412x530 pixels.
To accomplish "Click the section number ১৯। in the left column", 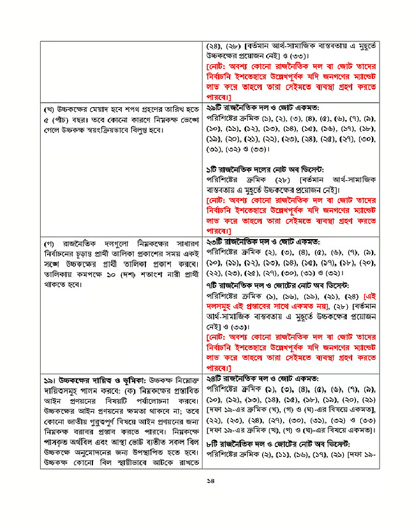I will coord(49,379).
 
